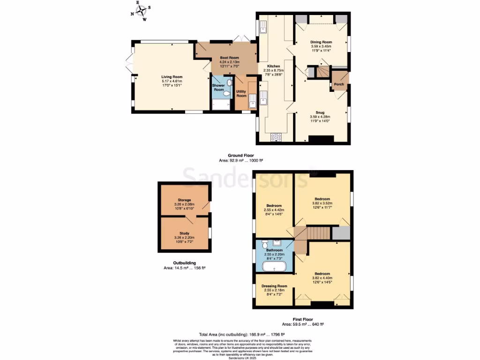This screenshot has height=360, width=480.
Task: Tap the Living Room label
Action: [172, 77]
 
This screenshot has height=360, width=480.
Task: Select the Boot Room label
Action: [230, 58]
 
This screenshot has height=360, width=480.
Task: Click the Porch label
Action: [338, 85]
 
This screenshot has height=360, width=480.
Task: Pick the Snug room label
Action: [320, 112]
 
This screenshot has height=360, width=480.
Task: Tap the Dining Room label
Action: [321, 42]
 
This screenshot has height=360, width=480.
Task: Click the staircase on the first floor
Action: [318, 233]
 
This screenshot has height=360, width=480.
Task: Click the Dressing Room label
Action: [274, 286]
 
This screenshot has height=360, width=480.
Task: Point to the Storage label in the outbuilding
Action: [184, 200]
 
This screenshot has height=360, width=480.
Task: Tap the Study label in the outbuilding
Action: [184, 233]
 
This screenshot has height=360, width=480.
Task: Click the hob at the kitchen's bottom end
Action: [276, 137]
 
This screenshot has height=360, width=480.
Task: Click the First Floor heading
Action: [303, 319]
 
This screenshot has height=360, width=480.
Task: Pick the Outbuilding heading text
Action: [184, 263]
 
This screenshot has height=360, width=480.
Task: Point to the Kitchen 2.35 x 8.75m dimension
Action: [274, 70]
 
